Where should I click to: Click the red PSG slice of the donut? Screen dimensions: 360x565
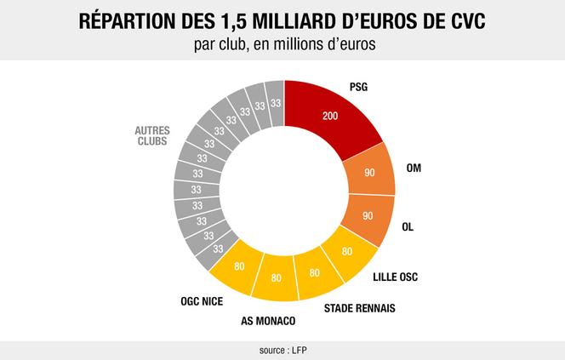(336, 115)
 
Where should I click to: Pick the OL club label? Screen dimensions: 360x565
(408, 228)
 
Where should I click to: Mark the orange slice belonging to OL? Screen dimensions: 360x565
(367, 216)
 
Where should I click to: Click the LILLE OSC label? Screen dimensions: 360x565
(397, 277)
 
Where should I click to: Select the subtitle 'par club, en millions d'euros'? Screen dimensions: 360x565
(282, 44)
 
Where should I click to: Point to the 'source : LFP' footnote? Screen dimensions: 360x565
(282, 351)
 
